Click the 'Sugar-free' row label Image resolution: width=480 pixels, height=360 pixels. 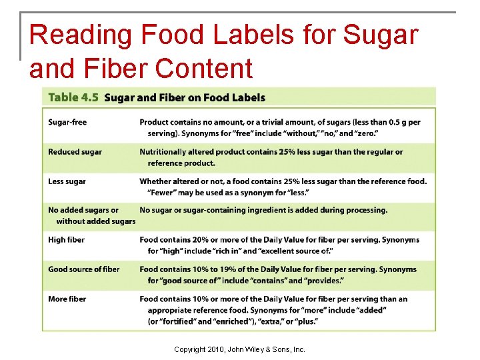tap(67, 122)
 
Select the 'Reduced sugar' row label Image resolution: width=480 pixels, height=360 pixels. tap(75, 152)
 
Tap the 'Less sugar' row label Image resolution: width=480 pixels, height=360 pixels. tap(67, 181)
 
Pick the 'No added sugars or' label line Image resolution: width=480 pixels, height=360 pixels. tap(83, 211)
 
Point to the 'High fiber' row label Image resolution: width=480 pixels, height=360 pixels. tap(66, 240)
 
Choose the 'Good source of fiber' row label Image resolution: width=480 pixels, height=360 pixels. tap(83, 269)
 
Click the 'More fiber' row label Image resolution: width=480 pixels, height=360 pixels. tap(67, 299)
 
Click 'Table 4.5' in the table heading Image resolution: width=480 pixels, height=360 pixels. tap(73, 97)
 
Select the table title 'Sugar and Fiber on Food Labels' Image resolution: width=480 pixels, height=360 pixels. tap(185, 97)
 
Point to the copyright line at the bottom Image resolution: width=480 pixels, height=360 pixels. tap(239, 349)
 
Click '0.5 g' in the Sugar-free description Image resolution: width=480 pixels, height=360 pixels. tap(399, 122)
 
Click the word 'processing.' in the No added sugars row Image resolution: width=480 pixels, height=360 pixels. tap(364, 211)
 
